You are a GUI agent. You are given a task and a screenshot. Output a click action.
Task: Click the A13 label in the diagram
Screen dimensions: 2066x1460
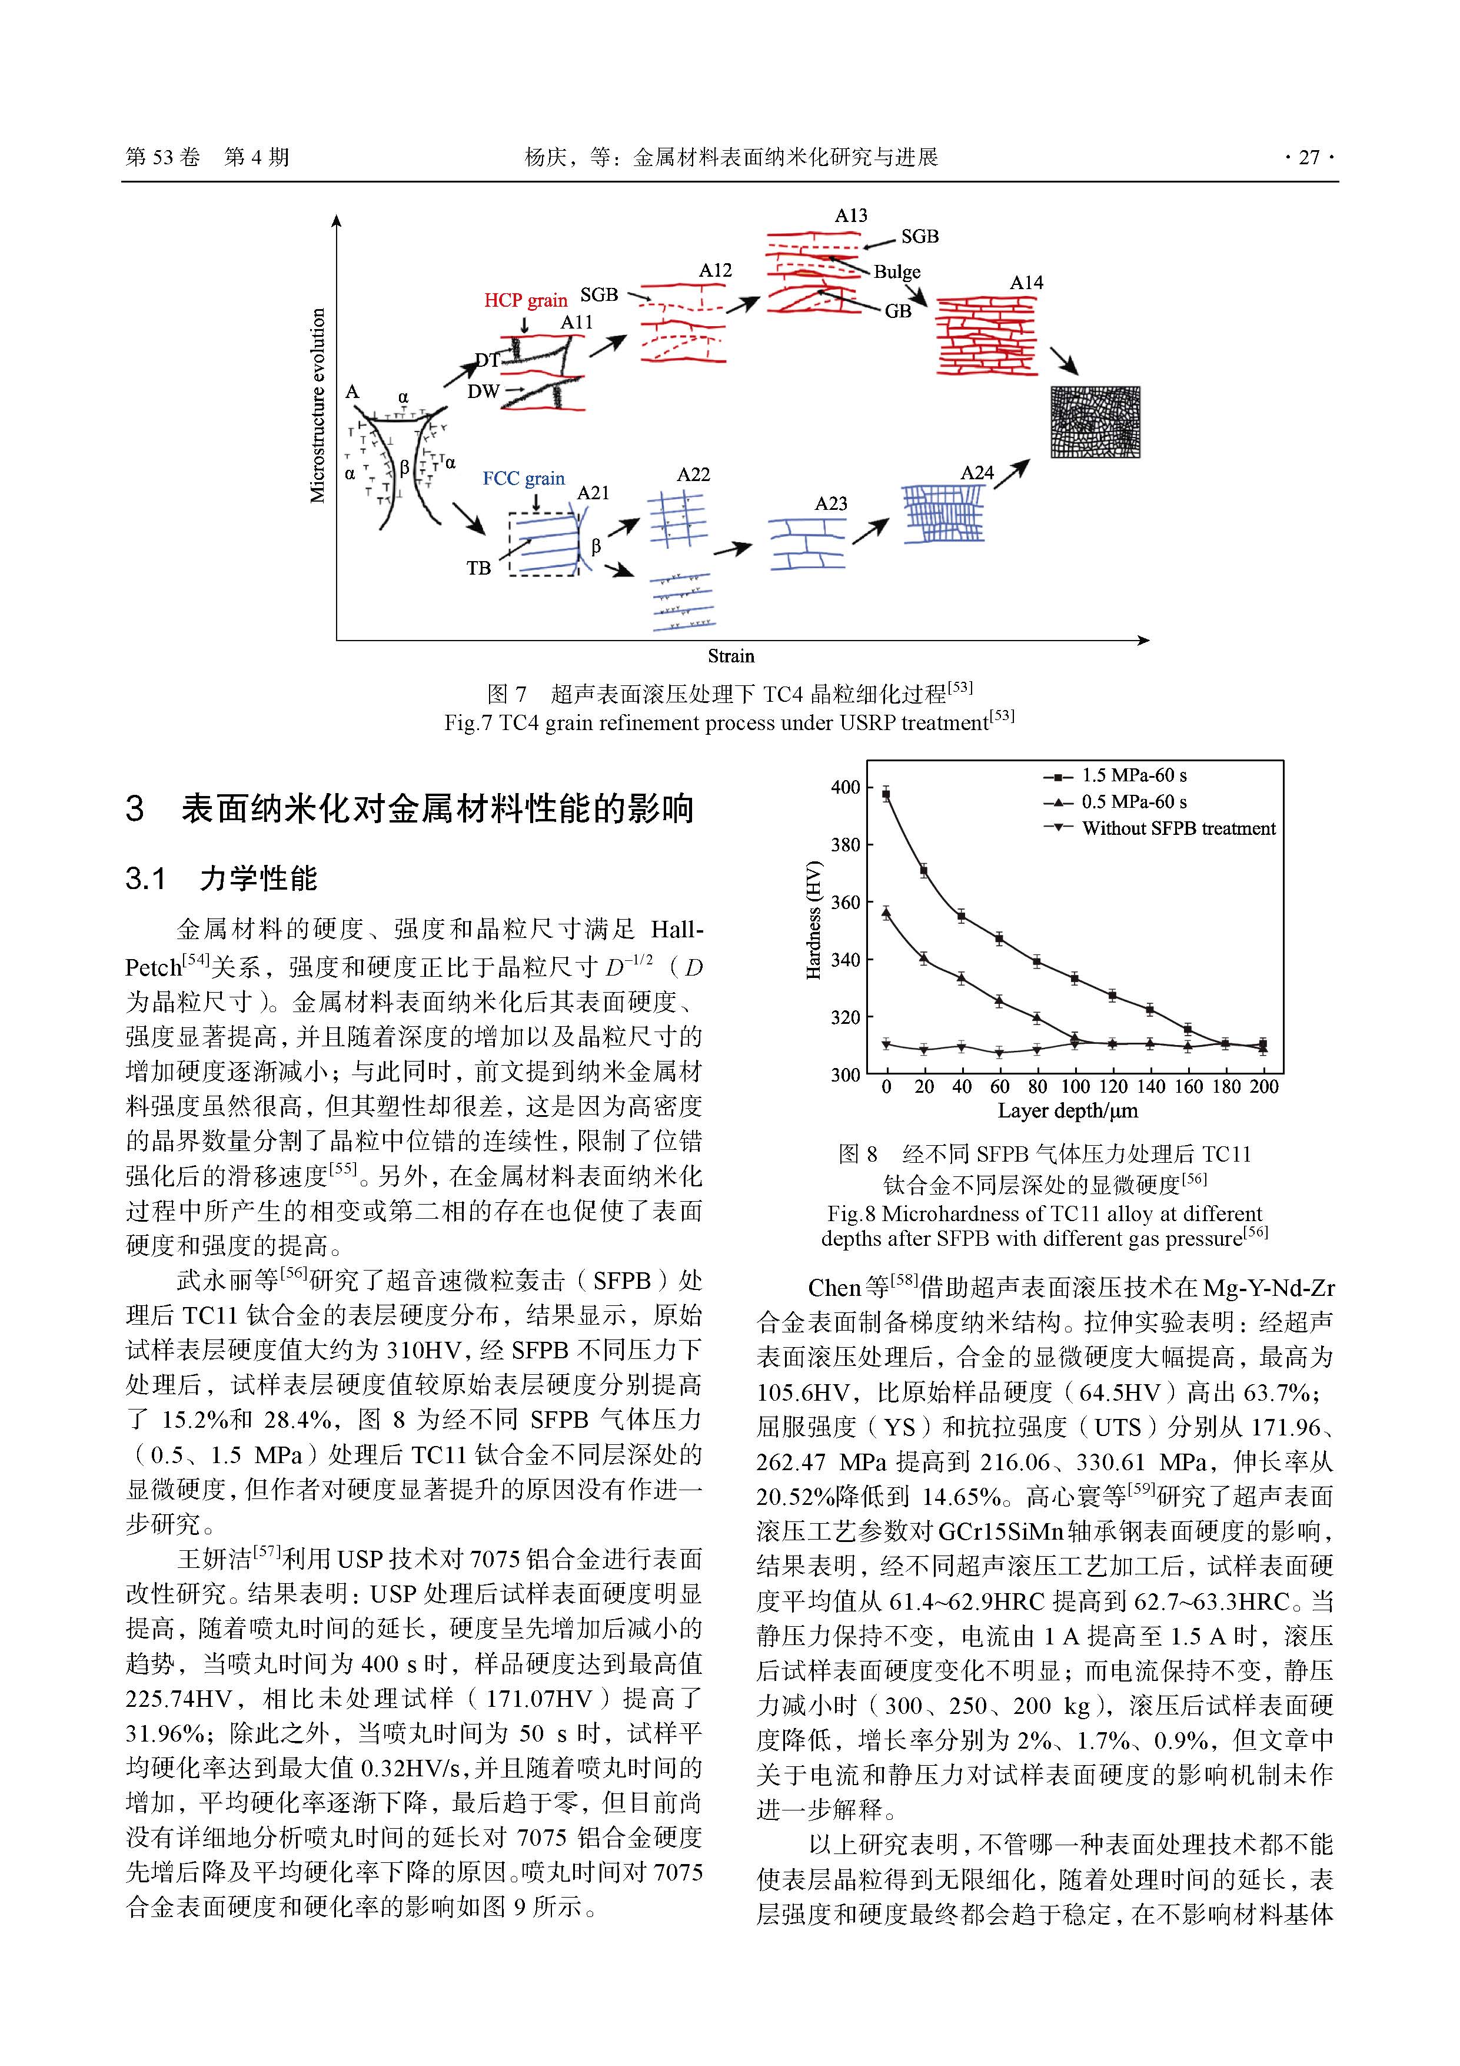[x=850, y=216]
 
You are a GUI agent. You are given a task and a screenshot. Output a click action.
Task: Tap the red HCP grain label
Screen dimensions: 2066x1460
[x=526, y=300]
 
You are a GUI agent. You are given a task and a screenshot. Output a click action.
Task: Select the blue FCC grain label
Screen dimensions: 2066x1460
[x=524, y=479]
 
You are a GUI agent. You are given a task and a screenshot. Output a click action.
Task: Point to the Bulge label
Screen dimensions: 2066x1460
[x=897, y=272]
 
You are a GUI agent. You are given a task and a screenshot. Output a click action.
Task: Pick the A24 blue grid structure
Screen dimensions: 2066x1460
[x=943, y=513]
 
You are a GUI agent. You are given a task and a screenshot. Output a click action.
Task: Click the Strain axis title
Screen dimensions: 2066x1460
[x=730, y=656]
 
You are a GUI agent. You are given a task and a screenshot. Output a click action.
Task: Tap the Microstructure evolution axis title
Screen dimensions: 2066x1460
[x=318, y=405]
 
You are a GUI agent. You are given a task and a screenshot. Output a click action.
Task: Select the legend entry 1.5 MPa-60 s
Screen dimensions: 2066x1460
[x=1133, y=775]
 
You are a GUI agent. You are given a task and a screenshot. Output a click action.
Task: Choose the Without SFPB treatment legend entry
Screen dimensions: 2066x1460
[x=1178, y=829]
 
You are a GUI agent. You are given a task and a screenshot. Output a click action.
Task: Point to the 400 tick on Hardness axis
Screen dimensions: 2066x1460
[x=846, y=787]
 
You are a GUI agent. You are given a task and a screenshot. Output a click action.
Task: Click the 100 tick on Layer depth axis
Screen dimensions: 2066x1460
[x=1075, y=1087]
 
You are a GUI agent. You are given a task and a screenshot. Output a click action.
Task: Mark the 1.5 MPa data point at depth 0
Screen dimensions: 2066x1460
[x=886, y=794]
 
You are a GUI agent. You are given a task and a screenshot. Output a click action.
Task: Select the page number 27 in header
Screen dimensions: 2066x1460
[x=1309, y=157]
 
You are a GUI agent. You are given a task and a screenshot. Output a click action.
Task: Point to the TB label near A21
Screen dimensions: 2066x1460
[x=478, y=568]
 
